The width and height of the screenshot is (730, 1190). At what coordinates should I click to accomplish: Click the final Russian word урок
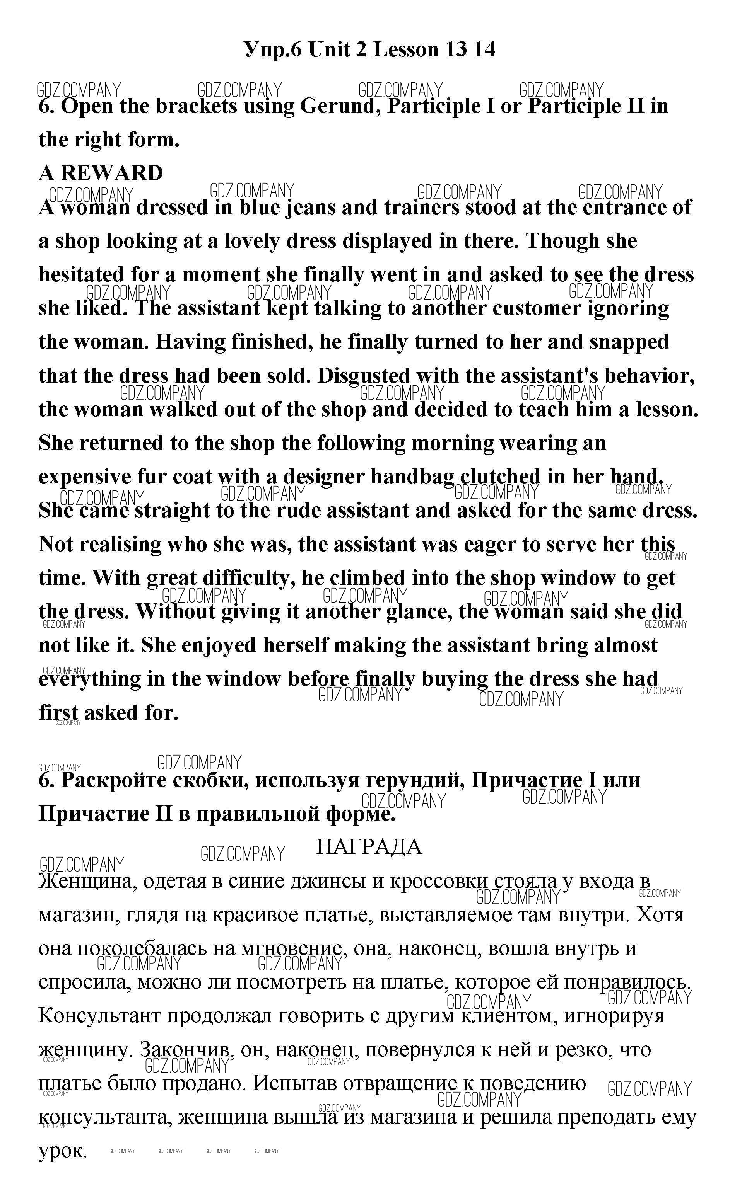point(62,1152)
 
